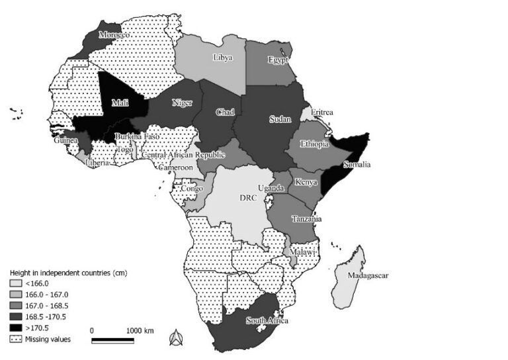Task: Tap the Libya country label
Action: point(223,58)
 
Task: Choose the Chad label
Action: point(226,112)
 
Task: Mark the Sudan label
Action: point(276,120)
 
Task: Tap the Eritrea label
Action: point(322,112)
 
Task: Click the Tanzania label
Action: point(307,218)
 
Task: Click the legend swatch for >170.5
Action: point(15,328)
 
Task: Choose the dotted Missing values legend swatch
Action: point(15,339)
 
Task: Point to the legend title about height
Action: point(67,273)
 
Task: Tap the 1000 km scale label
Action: point(140,330)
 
